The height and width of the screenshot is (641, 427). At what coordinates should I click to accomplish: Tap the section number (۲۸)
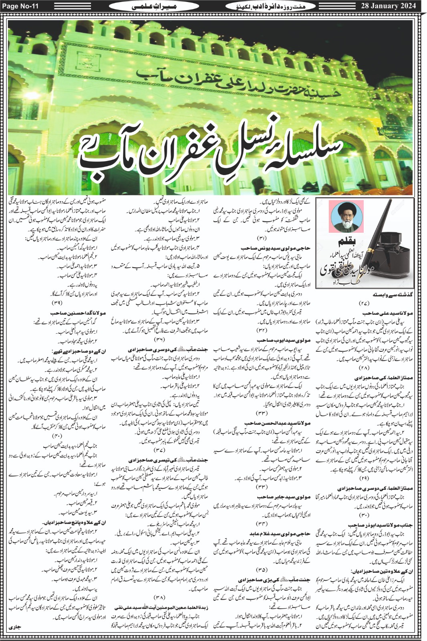pyautogui.click(x=364, y=368)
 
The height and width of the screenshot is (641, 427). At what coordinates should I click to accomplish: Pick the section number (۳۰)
pyautogui.click(x=364, y=515)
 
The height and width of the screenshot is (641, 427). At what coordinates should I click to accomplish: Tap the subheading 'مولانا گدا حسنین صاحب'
pyautogui.click(x=78, y=313)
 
